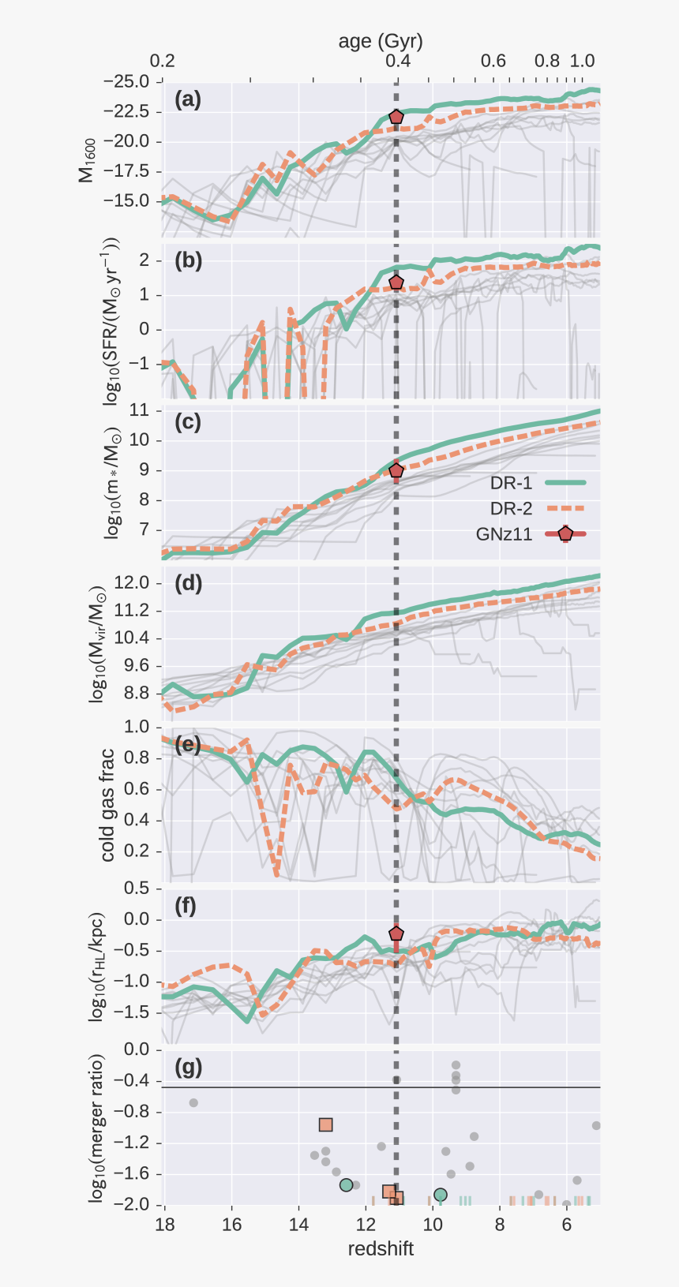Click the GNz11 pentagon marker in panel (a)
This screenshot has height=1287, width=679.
coord(396,117)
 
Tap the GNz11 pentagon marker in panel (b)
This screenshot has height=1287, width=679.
coord(396,282)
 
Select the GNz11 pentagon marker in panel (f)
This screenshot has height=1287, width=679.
coord(396,933)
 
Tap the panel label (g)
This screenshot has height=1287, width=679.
coord(188,1068)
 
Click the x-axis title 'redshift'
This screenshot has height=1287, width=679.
coord(381,1249)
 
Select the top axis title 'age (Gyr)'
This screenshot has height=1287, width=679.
coord(381,41)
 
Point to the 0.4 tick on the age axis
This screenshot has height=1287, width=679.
coord(398,61)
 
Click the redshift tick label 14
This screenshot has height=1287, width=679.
coord(298,1225)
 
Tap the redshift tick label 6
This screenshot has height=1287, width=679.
coord(566,1225)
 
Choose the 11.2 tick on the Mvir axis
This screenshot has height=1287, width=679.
coord(132,611)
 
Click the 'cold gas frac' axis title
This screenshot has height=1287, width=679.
coord(107,805)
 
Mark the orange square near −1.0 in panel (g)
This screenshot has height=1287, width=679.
coord(326,1124)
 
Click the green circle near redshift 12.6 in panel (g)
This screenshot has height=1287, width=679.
coord(346,1184)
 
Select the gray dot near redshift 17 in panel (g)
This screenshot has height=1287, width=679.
coord(193,1102)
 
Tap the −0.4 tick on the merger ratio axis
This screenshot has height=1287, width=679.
coord(132,1080)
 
